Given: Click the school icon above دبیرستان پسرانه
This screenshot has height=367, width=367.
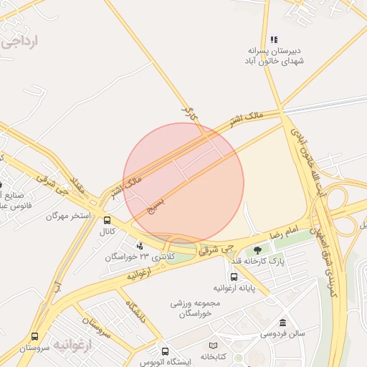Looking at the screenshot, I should pyautogui.click(x=274, y=39).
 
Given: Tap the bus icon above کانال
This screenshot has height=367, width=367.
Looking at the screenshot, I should pyautogui.click(x=107, y=221).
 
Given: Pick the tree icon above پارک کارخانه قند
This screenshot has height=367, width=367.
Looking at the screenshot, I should pyautogui.click(x=257, y=250).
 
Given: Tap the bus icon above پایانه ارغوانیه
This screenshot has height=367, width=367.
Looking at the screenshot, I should pyautogui.click(x=234, y=277).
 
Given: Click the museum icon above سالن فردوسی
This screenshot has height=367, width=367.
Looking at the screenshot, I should pyautogui.click(x=282, y=323).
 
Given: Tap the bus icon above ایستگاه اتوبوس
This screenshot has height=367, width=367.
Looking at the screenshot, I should pyautogui.click(x=166, y=351).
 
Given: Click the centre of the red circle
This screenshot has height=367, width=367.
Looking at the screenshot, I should pyautogui.click(x=183, y=183).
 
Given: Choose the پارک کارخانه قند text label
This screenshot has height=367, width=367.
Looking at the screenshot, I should pyautogui.click(x=262, y=261).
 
